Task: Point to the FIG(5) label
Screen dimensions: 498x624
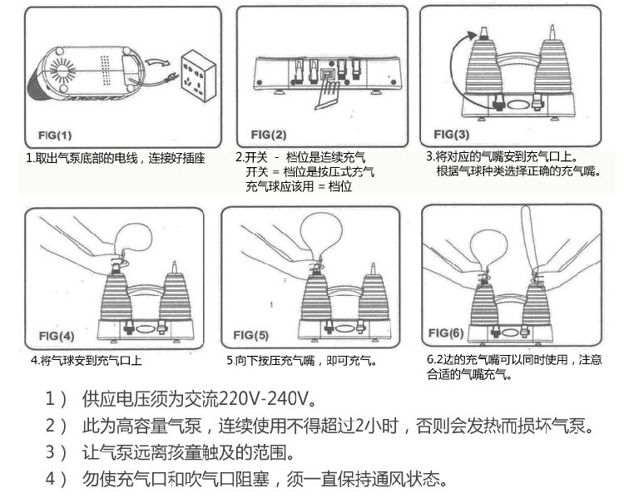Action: (250, 335)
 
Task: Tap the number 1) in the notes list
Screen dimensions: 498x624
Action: (57, 396)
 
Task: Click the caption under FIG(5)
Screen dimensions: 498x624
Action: (301, 361)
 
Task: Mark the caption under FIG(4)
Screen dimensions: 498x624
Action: (86, 361)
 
